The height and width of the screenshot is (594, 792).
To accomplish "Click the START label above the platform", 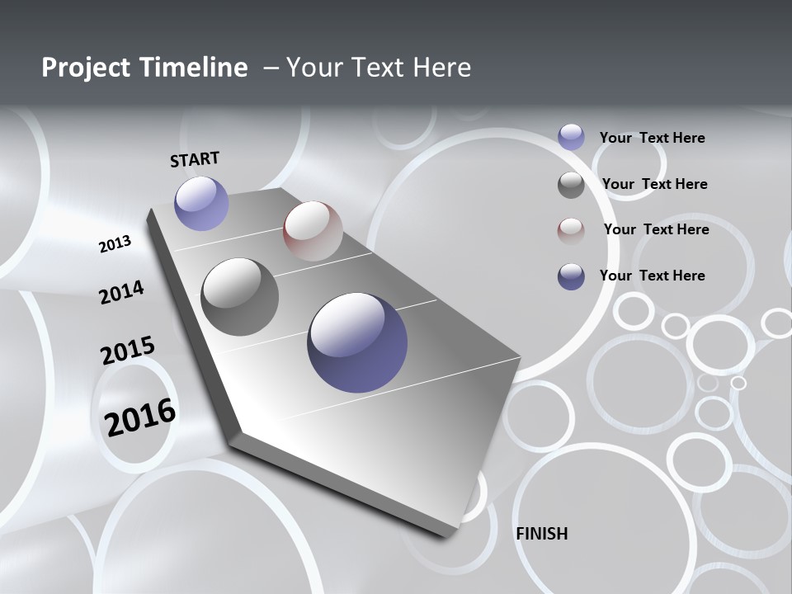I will coord(195,159).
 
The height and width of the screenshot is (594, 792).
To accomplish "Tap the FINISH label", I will coord(541,534).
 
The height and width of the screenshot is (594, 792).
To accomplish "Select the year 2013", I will coord(115,243).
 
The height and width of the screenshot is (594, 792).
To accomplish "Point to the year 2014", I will coord(121,293).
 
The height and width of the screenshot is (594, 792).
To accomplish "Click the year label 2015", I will coord(127,351).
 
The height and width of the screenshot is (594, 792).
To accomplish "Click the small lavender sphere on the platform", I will coord(201,203).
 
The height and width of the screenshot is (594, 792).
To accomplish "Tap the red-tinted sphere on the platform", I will coord(313,231).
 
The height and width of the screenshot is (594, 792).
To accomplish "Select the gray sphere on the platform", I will coord(240,297).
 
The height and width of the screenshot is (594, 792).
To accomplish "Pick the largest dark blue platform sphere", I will coord(357,342).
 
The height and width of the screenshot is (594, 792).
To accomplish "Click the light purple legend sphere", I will coord(571,137).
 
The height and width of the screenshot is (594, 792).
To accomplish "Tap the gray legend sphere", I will coord(571,185).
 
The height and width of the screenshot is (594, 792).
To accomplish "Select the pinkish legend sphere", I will coord(571,230).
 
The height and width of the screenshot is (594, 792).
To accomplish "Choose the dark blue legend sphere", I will coord(571,276).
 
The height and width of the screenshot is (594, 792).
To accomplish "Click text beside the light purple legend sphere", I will coord(652,138).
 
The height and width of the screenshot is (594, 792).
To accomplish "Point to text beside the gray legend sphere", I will coord(654,184).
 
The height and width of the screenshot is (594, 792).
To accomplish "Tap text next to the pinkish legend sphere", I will coord(656,229).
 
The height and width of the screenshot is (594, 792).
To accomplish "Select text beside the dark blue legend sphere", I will coord(652,276).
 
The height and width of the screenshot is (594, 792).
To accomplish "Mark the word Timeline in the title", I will coord(195,68).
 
